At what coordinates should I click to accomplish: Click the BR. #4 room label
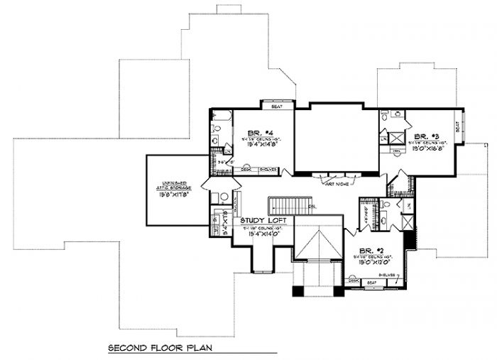pyautogui.click(x=253, y=133)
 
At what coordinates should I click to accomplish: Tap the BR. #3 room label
pyautogui.click(x=424, y=136)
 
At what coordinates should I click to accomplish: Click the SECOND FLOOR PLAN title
pyautogui.click(x=160, y=349)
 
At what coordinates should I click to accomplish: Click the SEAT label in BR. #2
pyautogui.click(x=371, y=283)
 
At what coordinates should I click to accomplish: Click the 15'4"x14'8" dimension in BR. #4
pyautogui.click(x=254, y=146)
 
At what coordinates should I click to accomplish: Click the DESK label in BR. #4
pyautogui.click(x=246, y=169)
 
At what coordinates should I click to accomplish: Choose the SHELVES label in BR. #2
pyautogui.click(x=387, y=276)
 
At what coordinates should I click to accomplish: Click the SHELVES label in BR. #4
pyautogui.click(x=267, y=169)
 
